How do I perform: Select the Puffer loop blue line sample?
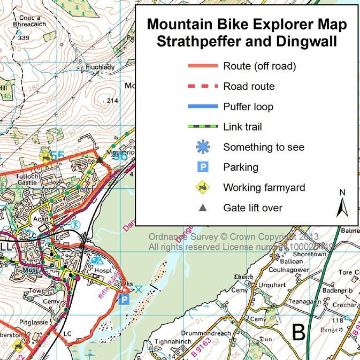point(203,106)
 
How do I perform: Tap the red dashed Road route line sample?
point(203,86)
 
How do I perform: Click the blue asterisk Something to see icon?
point(203,147)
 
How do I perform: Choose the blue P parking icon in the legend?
point(203,167)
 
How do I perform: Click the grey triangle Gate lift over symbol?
point(203,208)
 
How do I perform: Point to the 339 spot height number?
point(23,38)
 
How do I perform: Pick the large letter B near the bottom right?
point(298,332)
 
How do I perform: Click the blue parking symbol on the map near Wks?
point(124,300)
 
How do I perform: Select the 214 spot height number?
point(112,101)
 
